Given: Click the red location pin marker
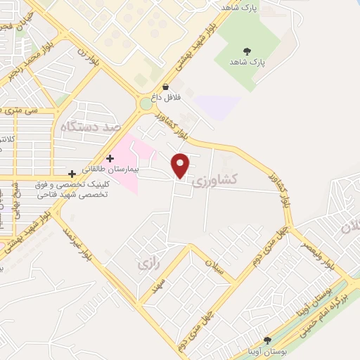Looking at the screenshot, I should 181,165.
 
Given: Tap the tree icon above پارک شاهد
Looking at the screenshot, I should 247,51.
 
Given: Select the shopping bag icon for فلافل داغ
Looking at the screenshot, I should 165,88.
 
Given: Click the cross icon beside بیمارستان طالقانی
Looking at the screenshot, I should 109,159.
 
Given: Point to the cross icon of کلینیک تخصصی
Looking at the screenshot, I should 72,173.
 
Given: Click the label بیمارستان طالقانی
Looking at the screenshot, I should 140,169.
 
